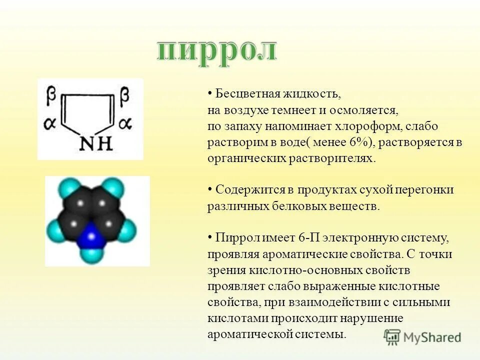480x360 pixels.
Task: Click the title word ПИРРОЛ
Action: pyautogui.click(x=216, y=50)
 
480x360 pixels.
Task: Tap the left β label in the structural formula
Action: pyautogui.click(x=51, y=94)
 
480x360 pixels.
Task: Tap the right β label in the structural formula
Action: pyautogui.click(x=124, y=94)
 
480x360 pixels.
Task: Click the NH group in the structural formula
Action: pyautogui.click(x=96, y=144)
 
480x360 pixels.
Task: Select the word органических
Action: pyautogui.click(x=246, y=158)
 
